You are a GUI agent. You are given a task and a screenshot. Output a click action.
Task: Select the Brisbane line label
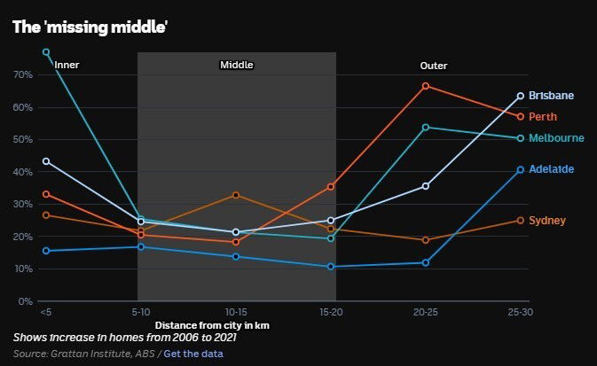[x=551, y=96]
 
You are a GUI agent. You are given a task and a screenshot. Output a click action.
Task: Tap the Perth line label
[x=543, y=117]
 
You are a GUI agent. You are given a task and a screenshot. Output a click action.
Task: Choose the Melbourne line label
[x=556, y=138]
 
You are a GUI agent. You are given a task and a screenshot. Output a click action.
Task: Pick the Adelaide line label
[x=551, y=169]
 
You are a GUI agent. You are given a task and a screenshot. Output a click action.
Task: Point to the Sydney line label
[x=546, y=221]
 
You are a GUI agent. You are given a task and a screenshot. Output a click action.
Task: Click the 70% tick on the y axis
[x=22, y=75]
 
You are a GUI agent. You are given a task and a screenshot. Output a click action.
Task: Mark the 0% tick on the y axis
[x=25, y=301]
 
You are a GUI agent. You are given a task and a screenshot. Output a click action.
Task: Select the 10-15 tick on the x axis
[x=236, y=312]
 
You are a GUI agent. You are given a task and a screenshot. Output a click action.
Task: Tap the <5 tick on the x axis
[x=45, y=312]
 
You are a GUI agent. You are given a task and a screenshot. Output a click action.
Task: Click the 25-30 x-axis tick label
[x=520, y=312]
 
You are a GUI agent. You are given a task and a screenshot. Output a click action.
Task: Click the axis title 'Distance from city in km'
[x=212, y=325]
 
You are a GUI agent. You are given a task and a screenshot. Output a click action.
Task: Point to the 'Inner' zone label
[x=67, y=66]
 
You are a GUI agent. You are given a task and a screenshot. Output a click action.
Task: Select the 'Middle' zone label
[x=237, y=65]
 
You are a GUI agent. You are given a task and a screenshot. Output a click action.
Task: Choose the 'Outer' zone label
[x=434, y=66]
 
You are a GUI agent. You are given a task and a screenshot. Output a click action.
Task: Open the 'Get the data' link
[x=193, y=354]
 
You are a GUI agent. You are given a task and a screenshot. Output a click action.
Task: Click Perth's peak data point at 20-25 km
[x=426, y=86]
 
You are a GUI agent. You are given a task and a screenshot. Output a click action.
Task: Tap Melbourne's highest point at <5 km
[x=46, y=52]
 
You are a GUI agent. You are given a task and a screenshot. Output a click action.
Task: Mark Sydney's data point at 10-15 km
[x=236, y=195]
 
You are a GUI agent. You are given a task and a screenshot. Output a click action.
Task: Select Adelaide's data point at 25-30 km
[x=521, y=169]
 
